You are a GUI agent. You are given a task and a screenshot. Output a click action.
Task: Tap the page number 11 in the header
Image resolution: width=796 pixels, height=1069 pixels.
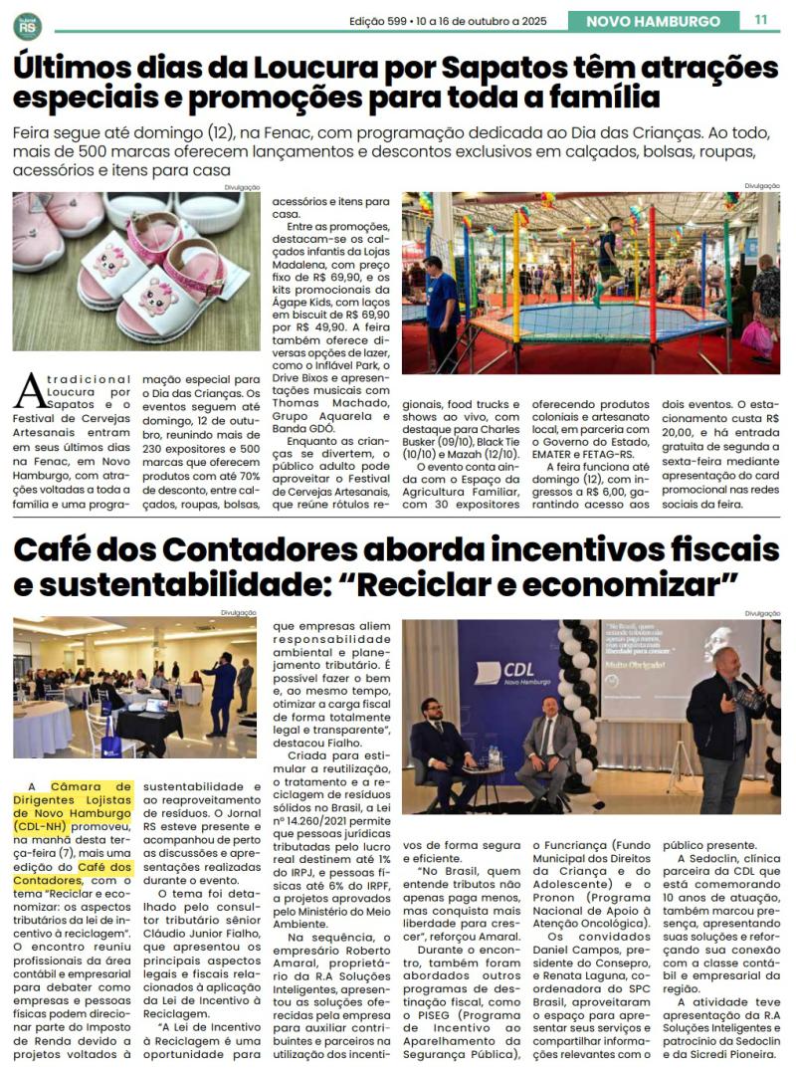pos(761,20)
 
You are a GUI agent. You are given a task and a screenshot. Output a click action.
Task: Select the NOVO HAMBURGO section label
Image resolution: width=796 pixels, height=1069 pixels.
pos(653,21)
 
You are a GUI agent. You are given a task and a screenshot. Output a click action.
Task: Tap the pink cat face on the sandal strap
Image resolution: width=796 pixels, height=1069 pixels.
pos(158,295)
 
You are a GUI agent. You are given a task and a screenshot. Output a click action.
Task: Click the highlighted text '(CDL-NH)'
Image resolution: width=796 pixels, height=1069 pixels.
pos(46,825)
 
